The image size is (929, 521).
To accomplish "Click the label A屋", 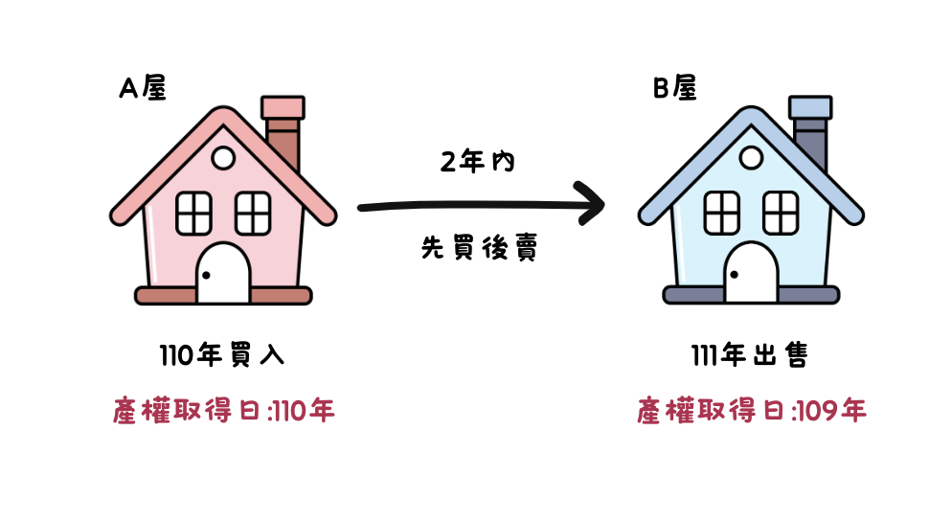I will [143, 88].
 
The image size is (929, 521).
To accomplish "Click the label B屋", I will [674, 88].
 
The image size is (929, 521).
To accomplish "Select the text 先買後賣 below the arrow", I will [478, 248].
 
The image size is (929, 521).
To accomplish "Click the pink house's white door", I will [223, 274].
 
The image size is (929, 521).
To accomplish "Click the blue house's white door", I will [751, 274].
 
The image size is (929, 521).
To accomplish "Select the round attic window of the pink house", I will [223, 158].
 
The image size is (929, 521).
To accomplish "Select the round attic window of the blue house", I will [751, 158].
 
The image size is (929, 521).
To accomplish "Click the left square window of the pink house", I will [193, 211].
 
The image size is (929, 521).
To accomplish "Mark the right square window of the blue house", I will [781, 211].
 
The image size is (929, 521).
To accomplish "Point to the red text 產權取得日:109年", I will [752, 412].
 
